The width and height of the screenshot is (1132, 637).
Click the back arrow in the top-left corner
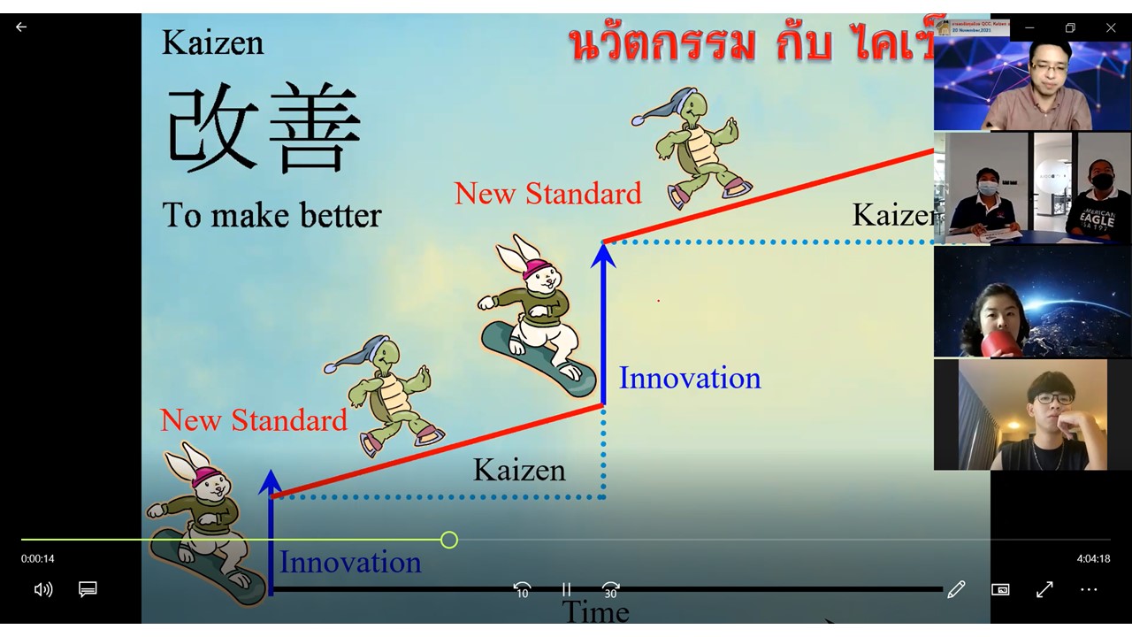[x=21, y=27]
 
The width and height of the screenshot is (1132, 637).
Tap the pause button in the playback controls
[x=566, y=590]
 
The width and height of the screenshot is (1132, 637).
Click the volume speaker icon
[x=42, y=589]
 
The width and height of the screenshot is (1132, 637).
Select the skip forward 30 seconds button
[x=610, y=590]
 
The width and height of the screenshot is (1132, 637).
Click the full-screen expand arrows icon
[x=1044, y=589]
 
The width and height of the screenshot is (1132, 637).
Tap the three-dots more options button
[x=1089, y=589]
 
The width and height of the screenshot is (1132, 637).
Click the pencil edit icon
[x=956, y=589]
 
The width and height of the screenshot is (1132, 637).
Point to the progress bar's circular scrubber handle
[x=449, y=540]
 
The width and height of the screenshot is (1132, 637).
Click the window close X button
[x=1111, y=28]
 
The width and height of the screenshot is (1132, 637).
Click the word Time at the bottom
[x=595, y=611]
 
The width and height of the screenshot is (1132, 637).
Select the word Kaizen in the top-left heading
[x=212, y=42]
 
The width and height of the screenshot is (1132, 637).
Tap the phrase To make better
[x=272, y=215]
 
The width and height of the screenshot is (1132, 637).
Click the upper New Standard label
[x=547, y=193]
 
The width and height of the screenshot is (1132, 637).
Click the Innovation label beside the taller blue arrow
[x=689, y=378]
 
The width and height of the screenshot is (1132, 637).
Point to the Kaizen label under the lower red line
[x=519, y=470]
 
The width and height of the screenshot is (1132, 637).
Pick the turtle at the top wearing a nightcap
[x=694, y=146]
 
